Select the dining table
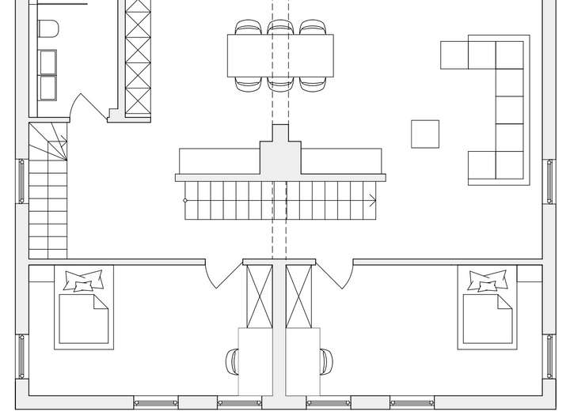[280, 55]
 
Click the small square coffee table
[425, 133]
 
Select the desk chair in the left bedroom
[232, 361]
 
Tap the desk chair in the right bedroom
[326, 361]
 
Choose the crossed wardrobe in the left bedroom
[259, 296]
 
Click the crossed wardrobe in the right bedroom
[300, 296]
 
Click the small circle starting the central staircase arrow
[185, 201]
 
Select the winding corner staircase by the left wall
[48, 190]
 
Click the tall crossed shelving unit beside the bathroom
[138, 55]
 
